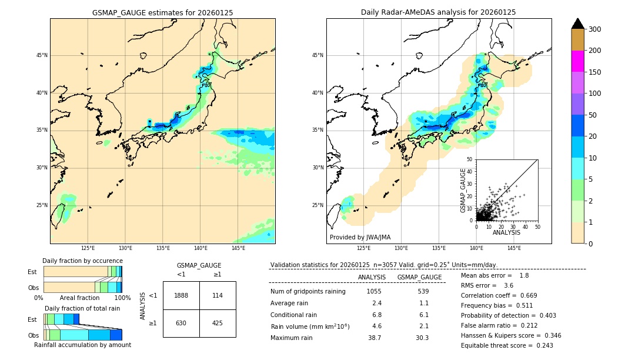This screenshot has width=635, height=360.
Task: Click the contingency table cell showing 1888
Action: (181, 295)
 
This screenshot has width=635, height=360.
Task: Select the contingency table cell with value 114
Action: (218, 295)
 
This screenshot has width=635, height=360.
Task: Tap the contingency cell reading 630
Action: (181, 323)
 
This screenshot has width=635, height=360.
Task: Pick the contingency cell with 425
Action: (218, 323)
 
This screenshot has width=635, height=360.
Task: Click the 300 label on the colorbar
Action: (595, 29)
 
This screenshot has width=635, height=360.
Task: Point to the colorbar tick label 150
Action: (595, 72)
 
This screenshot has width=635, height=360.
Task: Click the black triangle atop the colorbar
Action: (578, 24)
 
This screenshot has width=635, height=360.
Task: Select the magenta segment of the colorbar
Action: (578, 61)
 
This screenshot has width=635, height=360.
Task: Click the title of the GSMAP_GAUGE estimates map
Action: (162, 12)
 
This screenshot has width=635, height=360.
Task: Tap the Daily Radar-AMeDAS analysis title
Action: (439, 12)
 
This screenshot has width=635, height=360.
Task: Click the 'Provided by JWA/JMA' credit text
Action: (360, 237)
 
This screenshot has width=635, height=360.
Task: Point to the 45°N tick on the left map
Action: (41, 55)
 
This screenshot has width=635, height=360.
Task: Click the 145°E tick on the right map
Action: (514, 248)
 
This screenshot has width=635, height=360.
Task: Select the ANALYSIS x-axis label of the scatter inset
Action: (506, 232)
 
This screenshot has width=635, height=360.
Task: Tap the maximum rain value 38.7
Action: (375, 338)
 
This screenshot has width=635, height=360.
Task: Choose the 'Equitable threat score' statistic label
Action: (499, 345)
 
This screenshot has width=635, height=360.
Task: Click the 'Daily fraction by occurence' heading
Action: (82, 261)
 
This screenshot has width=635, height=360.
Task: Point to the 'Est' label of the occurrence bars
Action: (32, 272)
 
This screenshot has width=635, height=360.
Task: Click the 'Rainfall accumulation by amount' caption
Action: (82, 345)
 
